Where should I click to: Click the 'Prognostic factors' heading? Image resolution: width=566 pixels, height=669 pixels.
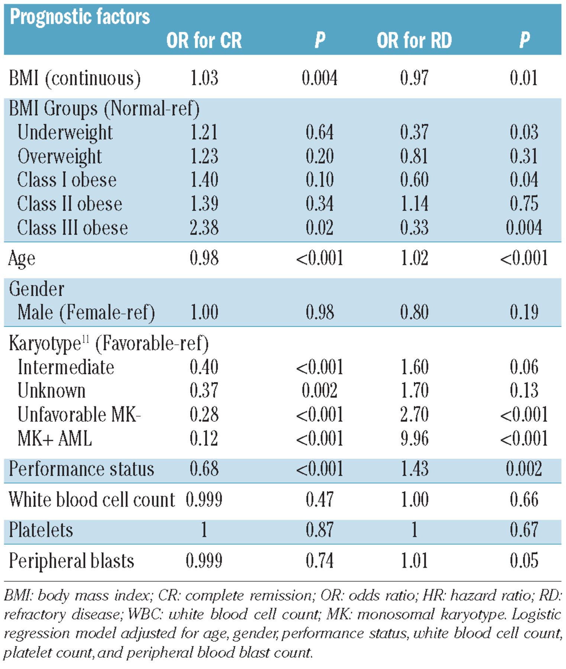click(x=80, y=17)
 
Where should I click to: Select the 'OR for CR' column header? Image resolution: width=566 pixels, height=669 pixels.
click(x=204, y=41)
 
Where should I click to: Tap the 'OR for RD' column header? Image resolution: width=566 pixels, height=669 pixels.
click(x=414, y=41)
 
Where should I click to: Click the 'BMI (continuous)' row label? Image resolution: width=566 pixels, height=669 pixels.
click(x=75, y=78)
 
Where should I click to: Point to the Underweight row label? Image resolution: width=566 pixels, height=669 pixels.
click(x=65, y=133)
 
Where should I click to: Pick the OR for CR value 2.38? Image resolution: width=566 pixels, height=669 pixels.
click(x=204, y=228)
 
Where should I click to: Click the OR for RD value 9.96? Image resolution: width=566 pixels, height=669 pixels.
click(x=414, y=439)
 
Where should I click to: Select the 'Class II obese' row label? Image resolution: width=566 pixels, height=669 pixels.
click(x=70, y=204)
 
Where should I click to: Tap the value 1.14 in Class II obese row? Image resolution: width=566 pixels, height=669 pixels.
click(x=414, y=204)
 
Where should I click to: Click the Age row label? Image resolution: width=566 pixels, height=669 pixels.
click(x=22, y=259)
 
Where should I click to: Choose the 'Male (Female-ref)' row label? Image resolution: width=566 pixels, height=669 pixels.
click(x=86, y=312)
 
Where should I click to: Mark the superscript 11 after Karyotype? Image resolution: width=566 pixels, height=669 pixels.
click(x=85, y=339)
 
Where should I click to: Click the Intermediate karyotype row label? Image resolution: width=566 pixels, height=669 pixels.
click(x=66, y=367)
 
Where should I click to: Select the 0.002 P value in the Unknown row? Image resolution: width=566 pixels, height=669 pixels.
click(x=319, y=391)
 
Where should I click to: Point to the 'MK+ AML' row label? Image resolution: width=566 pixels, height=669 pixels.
click(x=55, y=439)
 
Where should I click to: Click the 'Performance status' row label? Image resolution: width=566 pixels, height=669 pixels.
click(x=81, y=469)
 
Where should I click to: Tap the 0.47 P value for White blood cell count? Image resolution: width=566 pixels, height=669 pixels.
click(x=319, y=500)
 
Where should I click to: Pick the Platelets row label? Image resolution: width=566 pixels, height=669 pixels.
click(x=41, y=530)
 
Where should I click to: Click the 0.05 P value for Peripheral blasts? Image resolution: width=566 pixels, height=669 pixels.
click(x=524, y=560)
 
